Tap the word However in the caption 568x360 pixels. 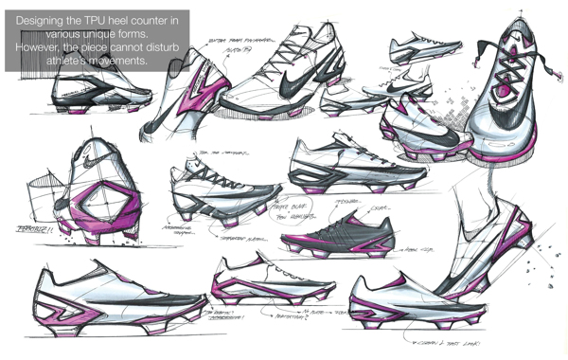(x=41, y=47)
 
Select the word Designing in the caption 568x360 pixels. (x=42, y=20)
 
